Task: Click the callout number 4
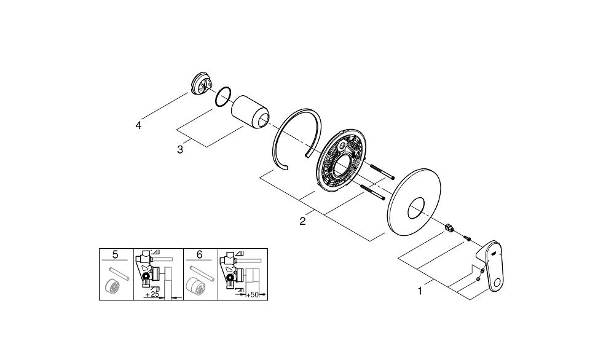[x=139, y=125]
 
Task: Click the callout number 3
[x=180, y=149]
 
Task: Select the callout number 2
[x=302, y=221]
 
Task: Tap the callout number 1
[x=420, y=291]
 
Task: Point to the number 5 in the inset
[x=116, y=254]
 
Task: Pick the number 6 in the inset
[x=200, y=254]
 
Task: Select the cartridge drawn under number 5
[x=112, y=286]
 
